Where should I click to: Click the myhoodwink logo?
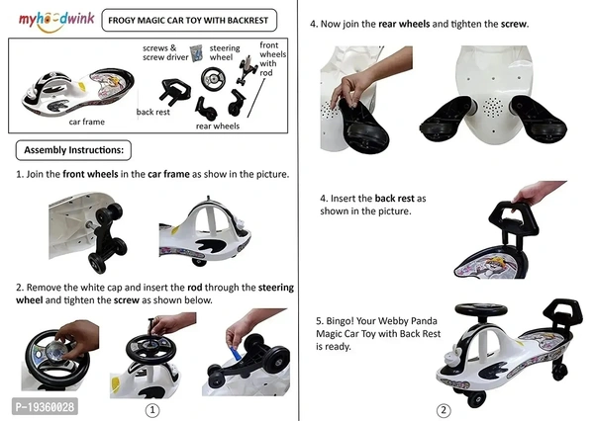[56, 21]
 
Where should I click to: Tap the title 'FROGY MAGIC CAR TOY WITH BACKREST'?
[189, 21]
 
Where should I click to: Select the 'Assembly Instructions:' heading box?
[73, 150]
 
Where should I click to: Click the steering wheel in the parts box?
[213, 79]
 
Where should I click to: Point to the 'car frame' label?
[87, 122]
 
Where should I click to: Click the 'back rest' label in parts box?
[153, 112]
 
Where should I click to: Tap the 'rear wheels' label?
[218, 126]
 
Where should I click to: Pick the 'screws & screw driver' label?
[165, 52]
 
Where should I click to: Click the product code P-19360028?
[46, 407]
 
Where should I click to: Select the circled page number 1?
[152, 410]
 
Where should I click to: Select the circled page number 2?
[444, 410]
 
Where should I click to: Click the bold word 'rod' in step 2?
[194, 288]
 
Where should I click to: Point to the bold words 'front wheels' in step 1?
[90, 174]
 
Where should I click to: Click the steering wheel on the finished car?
[481, 309]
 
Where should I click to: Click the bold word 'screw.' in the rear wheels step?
[515, 24]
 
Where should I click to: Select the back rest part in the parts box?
[174, 91]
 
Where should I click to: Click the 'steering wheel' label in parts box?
[225, 52]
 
